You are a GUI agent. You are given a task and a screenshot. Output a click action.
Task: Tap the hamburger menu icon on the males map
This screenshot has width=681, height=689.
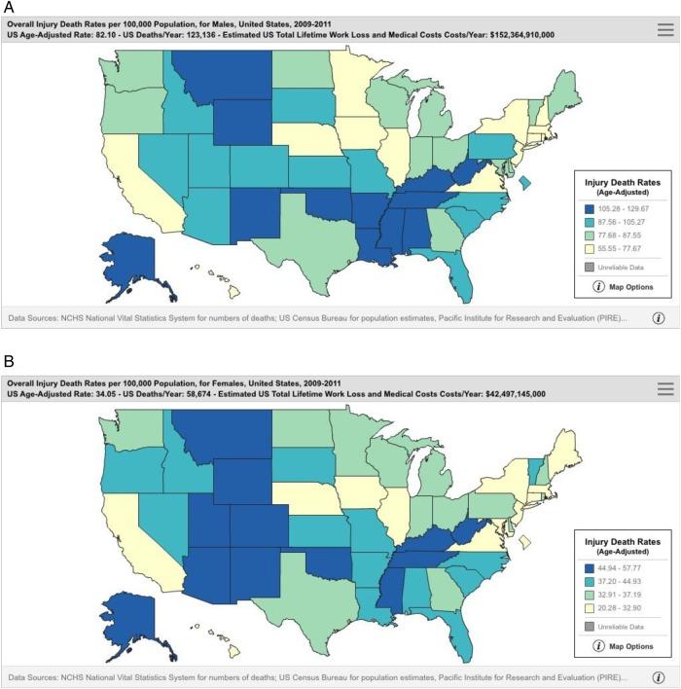(665, 30)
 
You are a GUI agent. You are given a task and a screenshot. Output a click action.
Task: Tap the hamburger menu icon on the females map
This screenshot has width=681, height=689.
(665, 388)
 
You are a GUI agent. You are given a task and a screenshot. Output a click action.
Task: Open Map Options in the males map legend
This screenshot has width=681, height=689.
(623, 286)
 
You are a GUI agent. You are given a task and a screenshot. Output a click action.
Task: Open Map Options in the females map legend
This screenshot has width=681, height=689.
(623, 644)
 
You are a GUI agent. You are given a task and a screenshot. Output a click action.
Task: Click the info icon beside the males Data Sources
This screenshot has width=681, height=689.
(659, 317)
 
